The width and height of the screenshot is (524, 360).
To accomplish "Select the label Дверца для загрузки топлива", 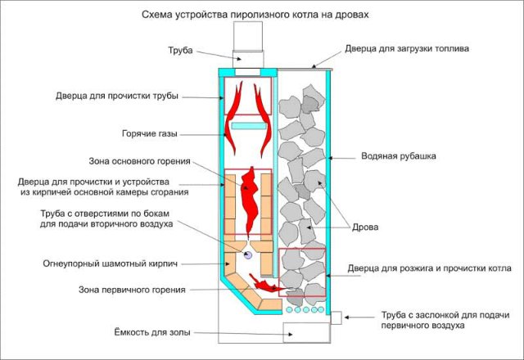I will (x=417, y=48).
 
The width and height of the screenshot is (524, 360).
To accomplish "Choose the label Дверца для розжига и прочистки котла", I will (x=429, y=268).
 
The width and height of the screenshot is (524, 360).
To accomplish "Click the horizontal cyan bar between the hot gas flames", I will (x=250, y=126).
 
